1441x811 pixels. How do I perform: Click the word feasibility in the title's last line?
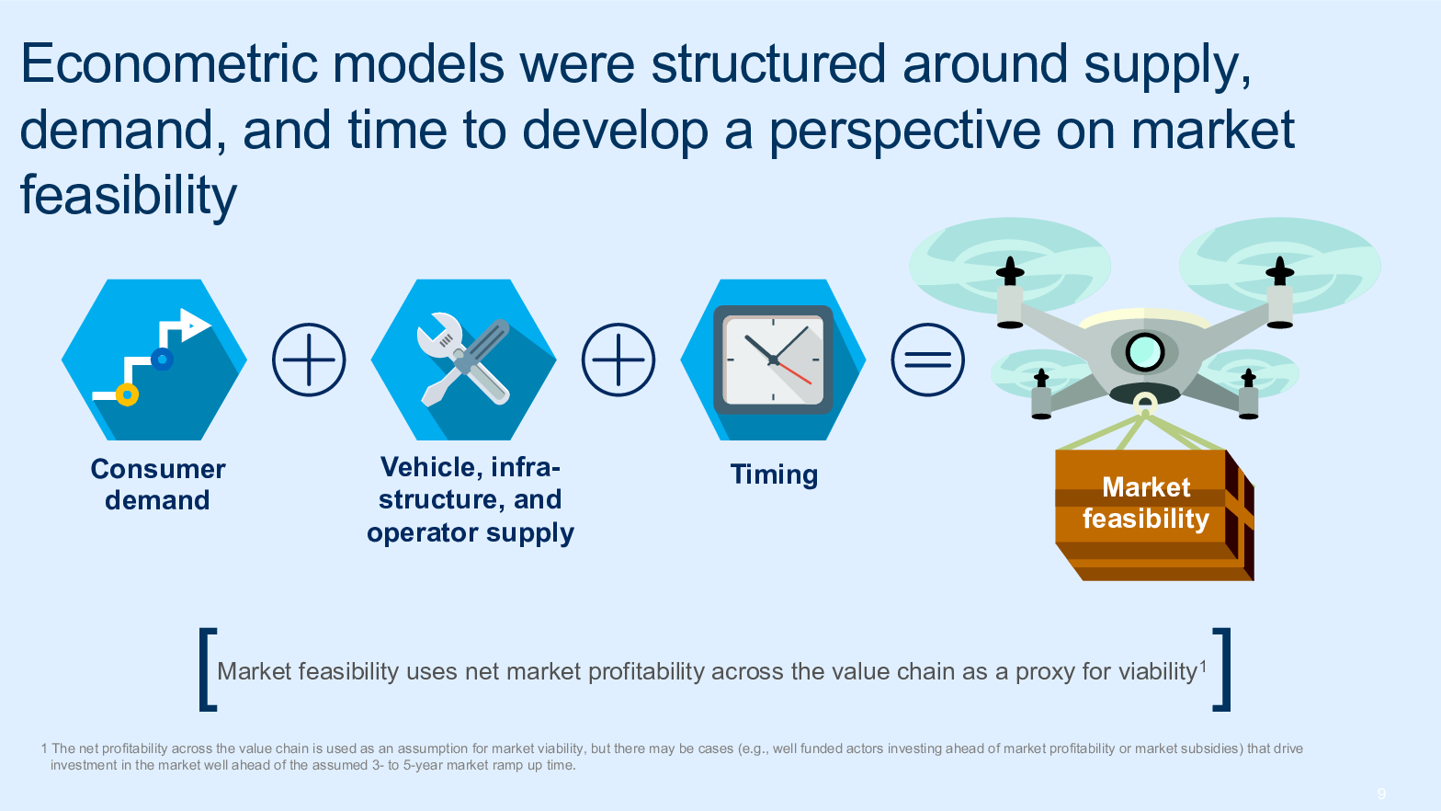(x=129, y=196)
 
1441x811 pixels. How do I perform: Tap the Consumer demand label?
(x=158, y=484)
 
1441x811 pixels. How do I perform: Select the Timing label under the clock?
(x=774, y=475)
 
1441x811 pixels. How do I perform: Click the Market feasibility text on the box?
(x=1146, y=503)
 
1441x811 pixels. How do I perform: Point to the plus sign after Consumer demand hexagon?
(x=309, y=360)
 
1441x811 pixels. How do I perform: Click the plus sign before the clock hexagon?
(x=618, y=360)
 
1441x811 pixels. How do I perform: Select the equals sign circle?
(x=927, y=360)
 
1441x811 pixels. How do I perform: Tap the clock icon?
(x=773, y=360)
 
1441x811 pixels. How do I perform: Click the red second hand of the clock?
(x=794, y=373)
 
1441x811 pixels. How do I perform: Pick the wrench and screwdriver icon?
(x=463, y=360)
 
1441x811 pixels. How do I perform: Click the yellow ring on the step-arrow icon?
(x=128, y=394)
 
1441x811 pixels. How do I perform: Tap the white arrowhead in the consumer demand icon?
(x=196, y=325)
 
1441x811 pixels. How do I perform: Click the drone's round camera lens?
(x=1145, y=352)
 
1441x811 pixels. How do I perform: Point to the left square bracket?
(x=207, y=669)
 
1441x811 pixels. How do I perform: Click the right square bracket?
(x=1221, y=669)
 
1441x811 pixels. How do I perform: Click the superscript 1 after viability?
(x=1202, y=666)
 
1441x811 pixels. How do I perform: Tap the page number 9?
(x=1381, y=794)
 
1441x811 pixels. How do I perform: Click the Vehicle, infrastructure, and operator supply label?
(x=471, y=499)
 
